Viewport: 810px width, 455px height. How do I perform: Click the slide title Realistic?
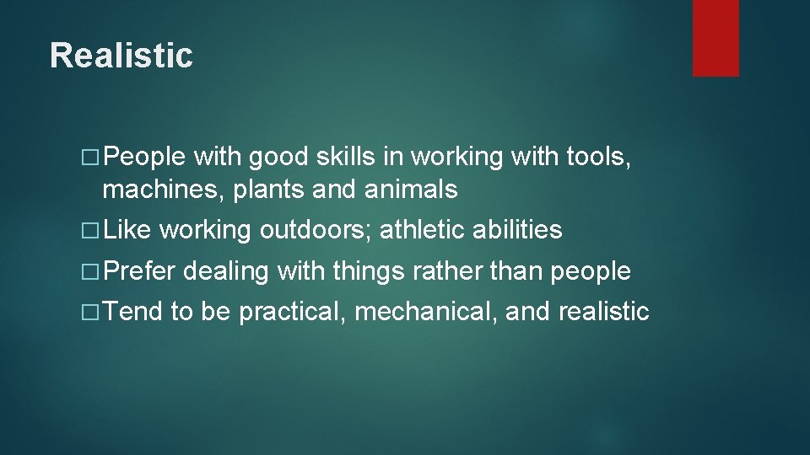click(121, 56)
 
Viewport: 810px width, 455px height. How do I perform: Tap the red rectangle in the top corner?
click(715, 38)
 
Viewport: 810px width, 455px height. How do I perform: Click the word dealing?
click(225, 271)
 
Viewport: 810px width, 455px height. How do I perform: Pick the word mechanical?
click(426, 313)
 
